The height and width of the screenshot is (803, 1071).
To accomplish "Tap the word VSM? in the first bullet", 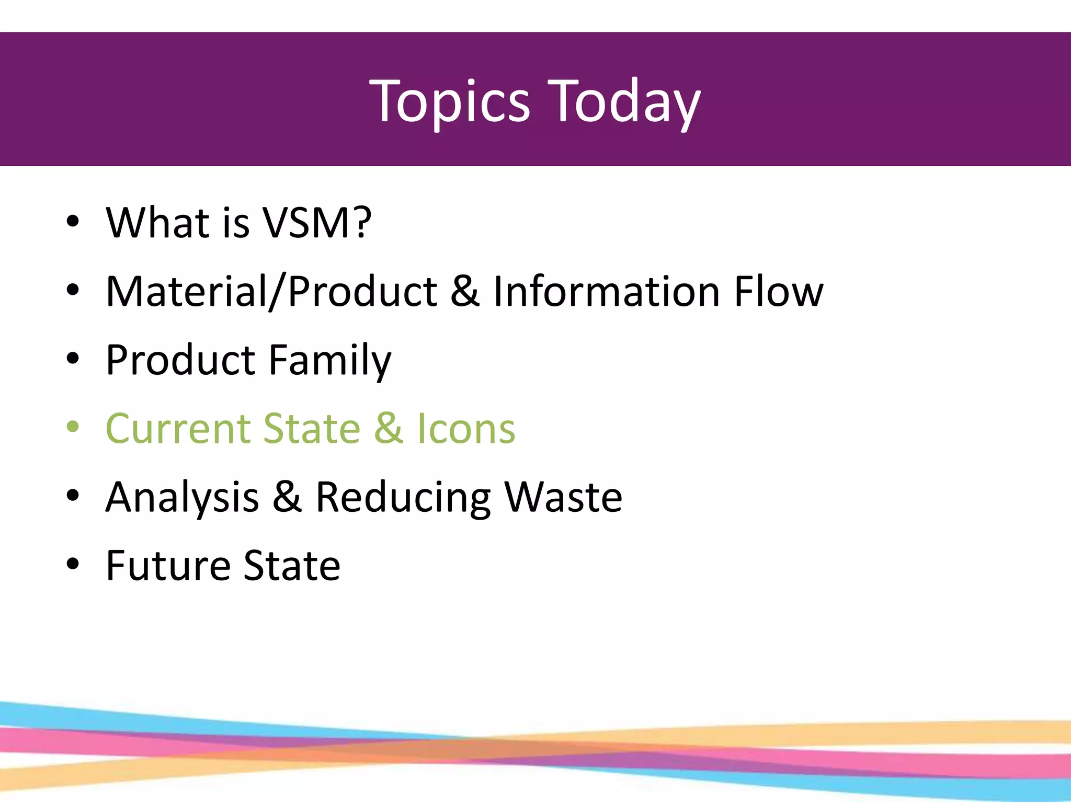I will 317,223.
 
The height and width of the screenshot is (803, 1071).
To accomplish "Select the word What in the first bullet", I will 157,223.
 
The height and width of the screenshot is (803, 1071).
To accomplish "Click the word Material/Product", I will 271,292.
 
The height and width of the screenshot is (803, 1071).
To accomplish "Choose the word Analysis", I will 182,497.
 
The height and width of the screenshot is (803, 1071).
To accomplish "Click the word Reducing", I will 403,497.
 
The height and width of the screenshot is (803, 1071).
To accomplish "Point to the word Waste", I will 563,497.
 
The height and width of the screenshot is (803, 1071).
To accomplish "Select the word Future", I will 168,566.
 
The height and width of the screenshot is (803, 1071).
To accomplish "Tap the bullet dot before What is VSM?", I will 73,221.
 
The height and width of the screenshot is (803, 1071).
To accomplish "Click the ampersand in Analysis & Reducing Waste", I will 287,497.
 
